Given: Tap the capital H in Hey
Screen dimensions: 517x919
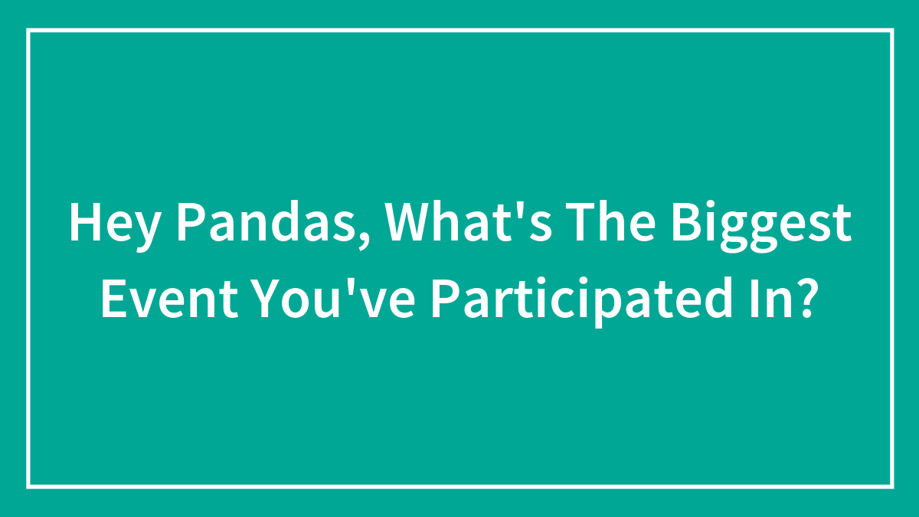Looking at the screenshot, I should tap(83, 224).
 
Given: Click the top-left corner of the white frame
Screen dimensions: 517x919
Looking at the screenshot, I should tap(28, 31).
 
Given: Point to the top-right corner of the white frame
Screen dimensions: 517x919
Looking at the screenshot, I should tap(891, 31).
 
